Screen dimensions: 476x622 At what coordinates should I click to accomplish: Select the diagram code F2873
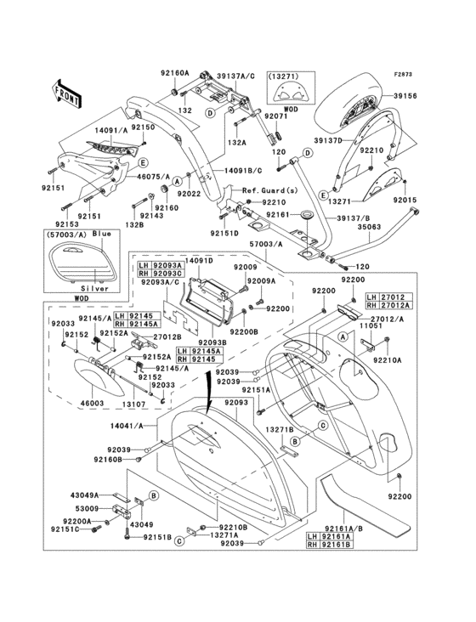[403, 74]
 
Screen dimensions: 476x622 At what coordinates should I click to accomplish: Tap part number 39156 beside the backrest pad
[405, 96]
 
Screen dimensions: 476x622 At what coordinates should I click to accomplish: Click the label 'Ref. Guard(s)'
[270, 190]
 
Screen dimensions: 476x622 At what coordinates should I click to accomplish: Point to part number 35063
[369, 227]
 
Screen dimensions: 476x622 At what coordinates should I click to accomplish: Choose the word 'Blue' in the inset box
[102, 234]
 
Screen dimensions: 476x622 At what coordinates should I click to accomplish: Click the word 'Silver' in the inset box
[95, 289]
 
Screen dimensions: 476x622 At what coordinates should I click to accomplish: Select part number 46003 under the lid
[92, 404]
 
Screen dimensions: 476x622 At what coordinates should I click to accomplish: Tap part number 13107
[133, 404]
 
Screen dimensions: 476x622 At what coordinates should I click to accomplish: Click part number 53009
[87, 508]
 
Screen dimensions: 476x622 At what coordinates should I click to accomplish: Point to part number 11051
[371, 325]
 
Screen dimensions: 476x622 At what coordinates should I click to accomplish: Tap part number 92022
[189, 194]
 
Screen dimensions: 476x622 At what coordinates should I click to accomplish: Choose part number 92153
[67, 224]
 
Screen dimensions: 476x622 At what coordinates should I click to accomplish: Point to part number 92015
[405, 201]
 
